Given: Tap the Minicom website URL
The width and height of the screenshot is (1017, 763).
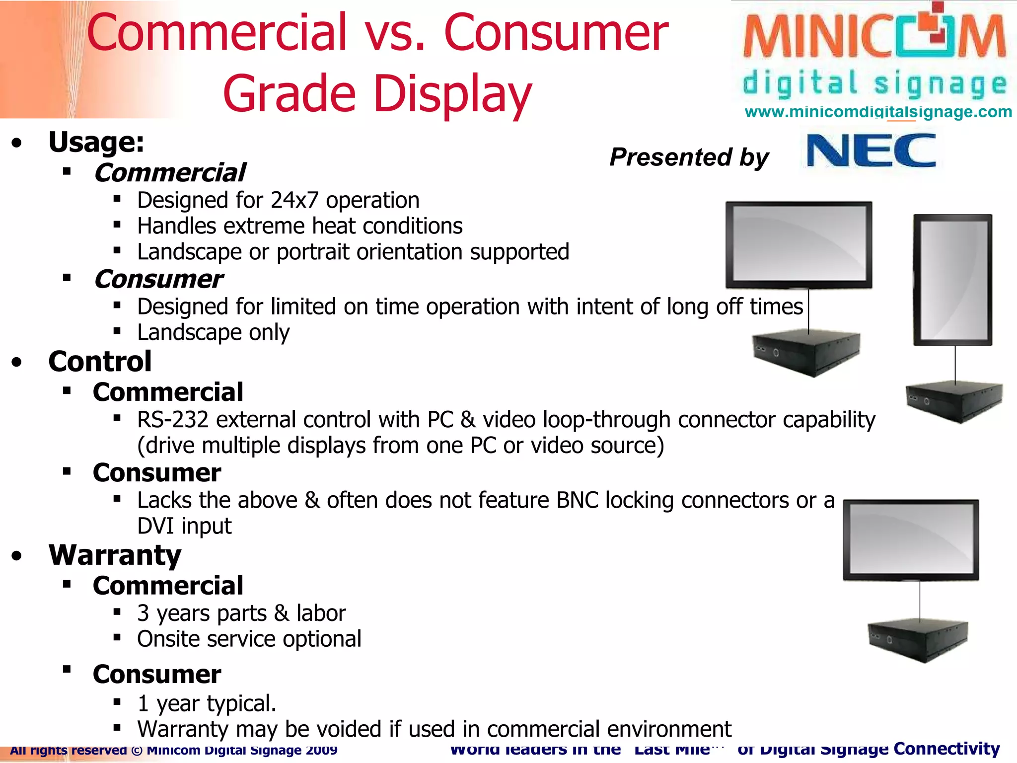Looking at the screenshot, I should tap(878, 112).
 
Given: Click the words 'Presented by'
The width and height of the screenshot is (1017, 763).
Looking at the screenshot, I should tap(689, 157).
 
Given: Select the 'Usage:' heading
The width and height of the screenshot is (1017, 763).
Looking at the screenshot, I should tap(96, 143).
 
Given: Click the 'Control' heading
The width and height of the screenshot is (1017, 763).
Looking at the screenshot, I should tap(100, 362).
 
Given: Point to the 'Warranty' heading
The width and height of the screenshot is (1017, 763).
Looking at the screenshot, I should tap(115, 555).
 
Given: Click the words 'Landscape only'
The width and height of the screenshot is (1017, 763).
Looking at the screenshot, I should tap(213, 332).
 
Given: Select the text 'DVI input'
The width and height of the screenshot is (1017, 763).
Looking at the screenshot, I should tap(184, 526).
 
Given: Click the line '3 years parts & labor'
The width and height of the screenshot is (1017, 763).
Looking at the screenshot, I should tap(241, 613).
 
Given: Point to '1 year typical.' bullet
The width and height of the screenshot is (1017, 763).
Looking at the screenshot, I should tap(207, 703).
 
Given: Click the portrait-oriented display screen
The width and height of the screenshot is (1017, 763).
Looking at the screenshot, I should tap(952, 280).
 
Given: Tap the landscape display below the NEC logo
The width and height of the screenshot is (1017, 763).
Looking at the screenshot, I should tap(799, 245).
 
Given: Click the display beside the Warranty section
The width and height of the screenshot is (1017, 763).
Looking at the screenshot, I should tap(911, 539).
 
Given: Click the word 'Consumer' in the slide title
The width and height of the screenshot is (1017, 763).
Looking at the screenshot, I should tap(556, 33).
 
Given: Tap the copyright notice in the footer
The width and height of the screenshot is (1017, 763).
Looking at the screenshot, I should tap(173, 750).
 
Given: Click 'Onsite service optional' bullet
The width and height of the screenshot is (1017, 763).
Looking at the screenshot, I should tap(249, 639).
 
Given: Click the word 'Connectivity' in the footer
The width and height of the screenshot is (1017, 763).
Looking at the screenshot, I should tap(946, 748).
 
